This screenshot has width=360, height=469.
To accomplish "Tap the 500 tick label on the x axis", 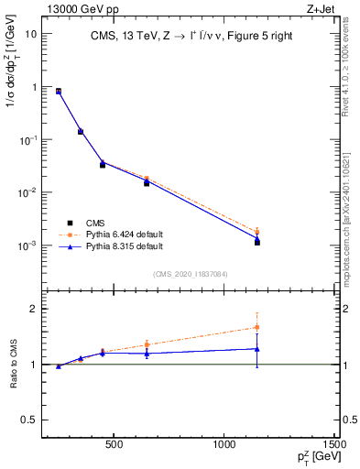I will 115,445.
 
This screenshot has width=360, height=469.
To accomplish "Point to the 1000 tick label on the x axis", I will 225,445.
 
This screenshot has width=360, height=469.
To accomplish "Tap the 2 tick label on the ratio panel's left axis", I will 32,309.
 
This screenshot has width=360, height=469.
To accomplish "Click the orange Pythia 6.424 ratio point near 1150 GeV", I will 257,327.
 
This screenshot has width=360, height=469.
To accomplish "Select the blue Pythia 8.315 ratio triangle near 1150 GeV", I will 257,348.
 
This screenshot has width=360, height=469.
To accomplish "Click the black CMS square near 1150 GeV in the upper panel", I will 257,243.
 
